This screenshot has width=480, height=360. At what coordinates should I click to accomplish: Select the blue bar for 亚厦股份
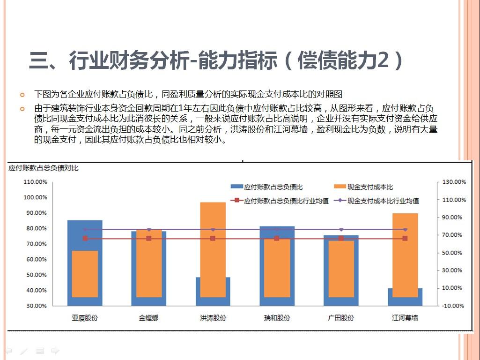85,234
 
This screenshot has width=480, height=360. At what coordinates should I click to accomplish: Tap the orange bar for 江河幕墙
405,255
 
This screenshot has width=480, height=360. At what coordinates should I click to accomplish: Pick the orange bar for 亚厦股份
85,274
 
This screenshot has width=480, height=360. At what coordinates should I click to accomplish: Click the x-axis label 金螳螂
148,318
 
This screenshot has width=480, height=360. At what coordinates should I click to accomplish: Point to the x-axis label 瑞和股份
277,318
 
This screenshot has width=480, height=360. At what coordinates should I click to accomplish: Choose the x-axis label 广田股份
341,318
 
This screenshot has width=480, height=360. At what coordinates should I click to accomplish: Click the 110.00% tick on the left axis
36,182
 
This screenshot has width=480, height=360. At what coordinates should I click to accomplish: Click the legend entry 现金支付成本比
370,187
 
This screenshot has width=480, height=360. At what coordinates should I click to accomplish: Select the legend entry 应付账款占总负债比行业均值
286,201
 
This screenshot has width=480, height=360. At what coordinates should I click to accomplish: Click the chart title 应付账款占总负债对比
43,168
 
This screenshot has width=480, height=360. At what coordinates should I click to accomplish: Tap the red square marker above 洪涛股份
213,239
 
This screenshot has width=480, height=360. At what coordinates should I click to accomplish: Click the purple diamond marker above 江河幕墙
405,230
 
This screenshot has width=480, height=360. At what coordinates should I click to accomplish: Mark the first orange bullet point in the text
22,94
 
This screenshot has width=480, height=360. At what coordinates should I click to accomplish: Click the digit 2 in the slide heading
384,61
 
